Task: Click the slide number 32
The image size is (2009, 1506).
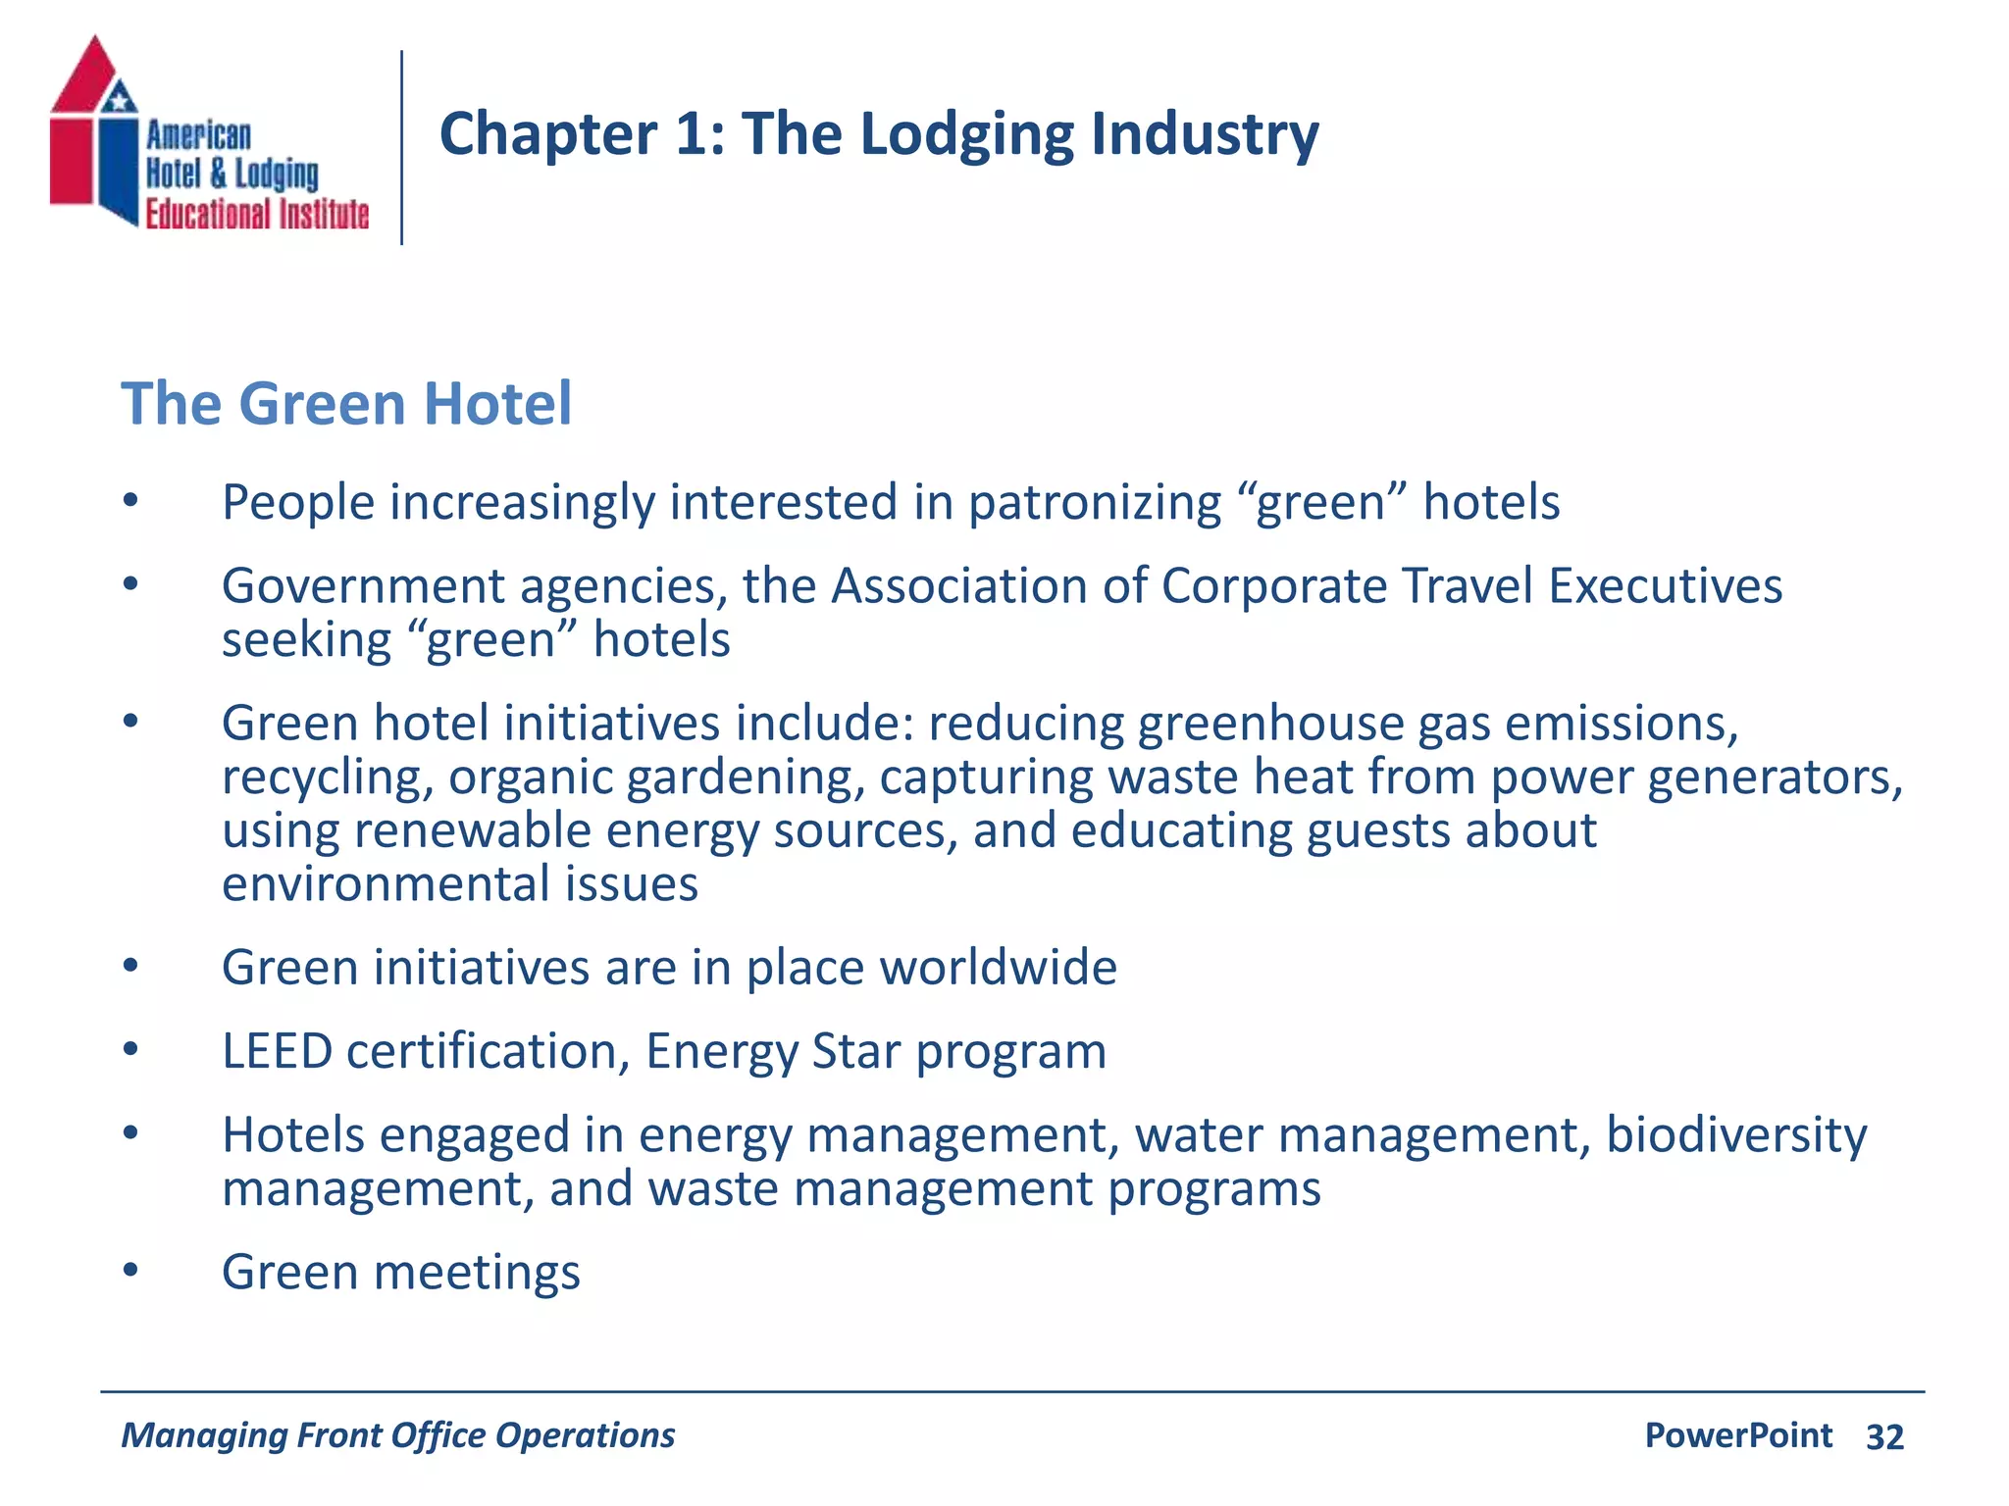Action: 1884,1436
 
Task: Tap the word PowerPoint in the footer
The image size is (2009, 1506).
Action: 1738,1435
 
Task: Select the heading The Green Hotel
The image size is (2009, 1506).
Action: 346,403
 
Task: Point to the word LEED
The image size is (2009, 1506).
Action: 277,1051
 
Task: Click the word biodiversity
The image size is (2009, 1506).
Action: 1736,1135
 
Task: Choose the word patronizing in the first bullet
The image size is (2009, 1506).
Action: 1094,503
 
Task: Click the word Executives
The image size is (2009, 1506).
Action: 1665,586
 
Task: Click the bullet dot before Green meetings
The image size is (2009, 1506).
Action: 131,1271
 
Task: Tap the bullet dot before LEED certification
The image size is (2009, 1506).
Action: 131,1050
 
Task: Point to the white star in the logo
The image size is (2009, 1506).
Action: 120,98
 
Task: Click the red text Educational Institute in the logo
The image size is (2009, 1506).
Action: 257,214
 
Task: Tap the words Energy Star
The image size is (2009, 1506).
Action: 773,1052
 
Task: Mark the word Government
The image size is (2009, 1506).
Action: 363,586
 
